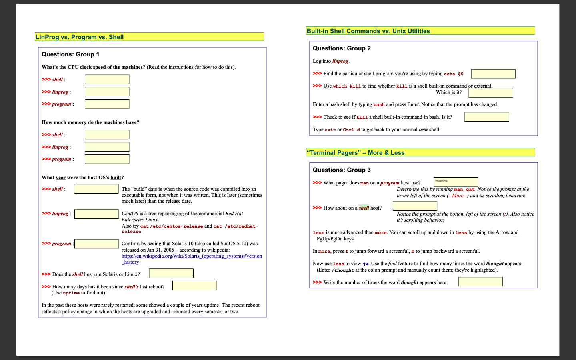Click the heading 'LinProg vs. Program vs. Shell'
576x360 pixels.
coord(80,37)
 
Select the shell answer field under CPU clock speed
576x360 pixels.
coord(107,79)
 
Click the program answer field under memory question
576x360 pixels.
coord(107,159)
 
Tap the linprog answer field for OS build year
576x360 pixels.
coord(96,214)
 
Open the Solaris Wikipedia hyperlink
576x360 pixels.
coord(192,259)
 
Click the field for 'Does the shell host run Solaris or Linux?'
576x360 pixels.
coord(171,273)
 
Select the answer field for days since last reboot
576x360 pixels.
coord(194,286)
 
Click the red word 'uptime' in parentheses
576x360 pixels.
coord(71,293)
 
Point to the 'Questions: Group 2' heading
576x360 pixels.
coord(342,48)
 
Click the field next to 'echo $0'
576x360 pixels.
coord(493,74)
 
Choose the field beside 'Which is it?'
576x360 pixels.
coord(491,93)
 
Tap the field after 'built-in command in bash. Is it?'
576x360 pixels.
coord(486,117)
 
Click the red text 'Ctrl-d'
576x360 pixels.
coord(351,130)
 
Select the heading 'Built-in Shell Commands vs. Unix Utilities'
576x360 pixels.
coord(368,31)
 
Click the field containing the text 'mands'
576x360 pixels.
coord(456,182)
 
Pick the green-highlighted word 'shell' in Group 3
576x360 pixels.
coord(364,208)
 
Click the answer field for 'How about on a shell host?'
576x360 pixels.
coord(415,206)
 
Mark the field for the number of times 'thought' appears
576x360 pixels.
coord(480,282)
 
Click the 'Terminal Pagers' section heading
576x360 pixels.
coord(356,153)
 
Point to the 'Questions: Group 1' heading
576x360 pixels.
coord(70,54)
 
